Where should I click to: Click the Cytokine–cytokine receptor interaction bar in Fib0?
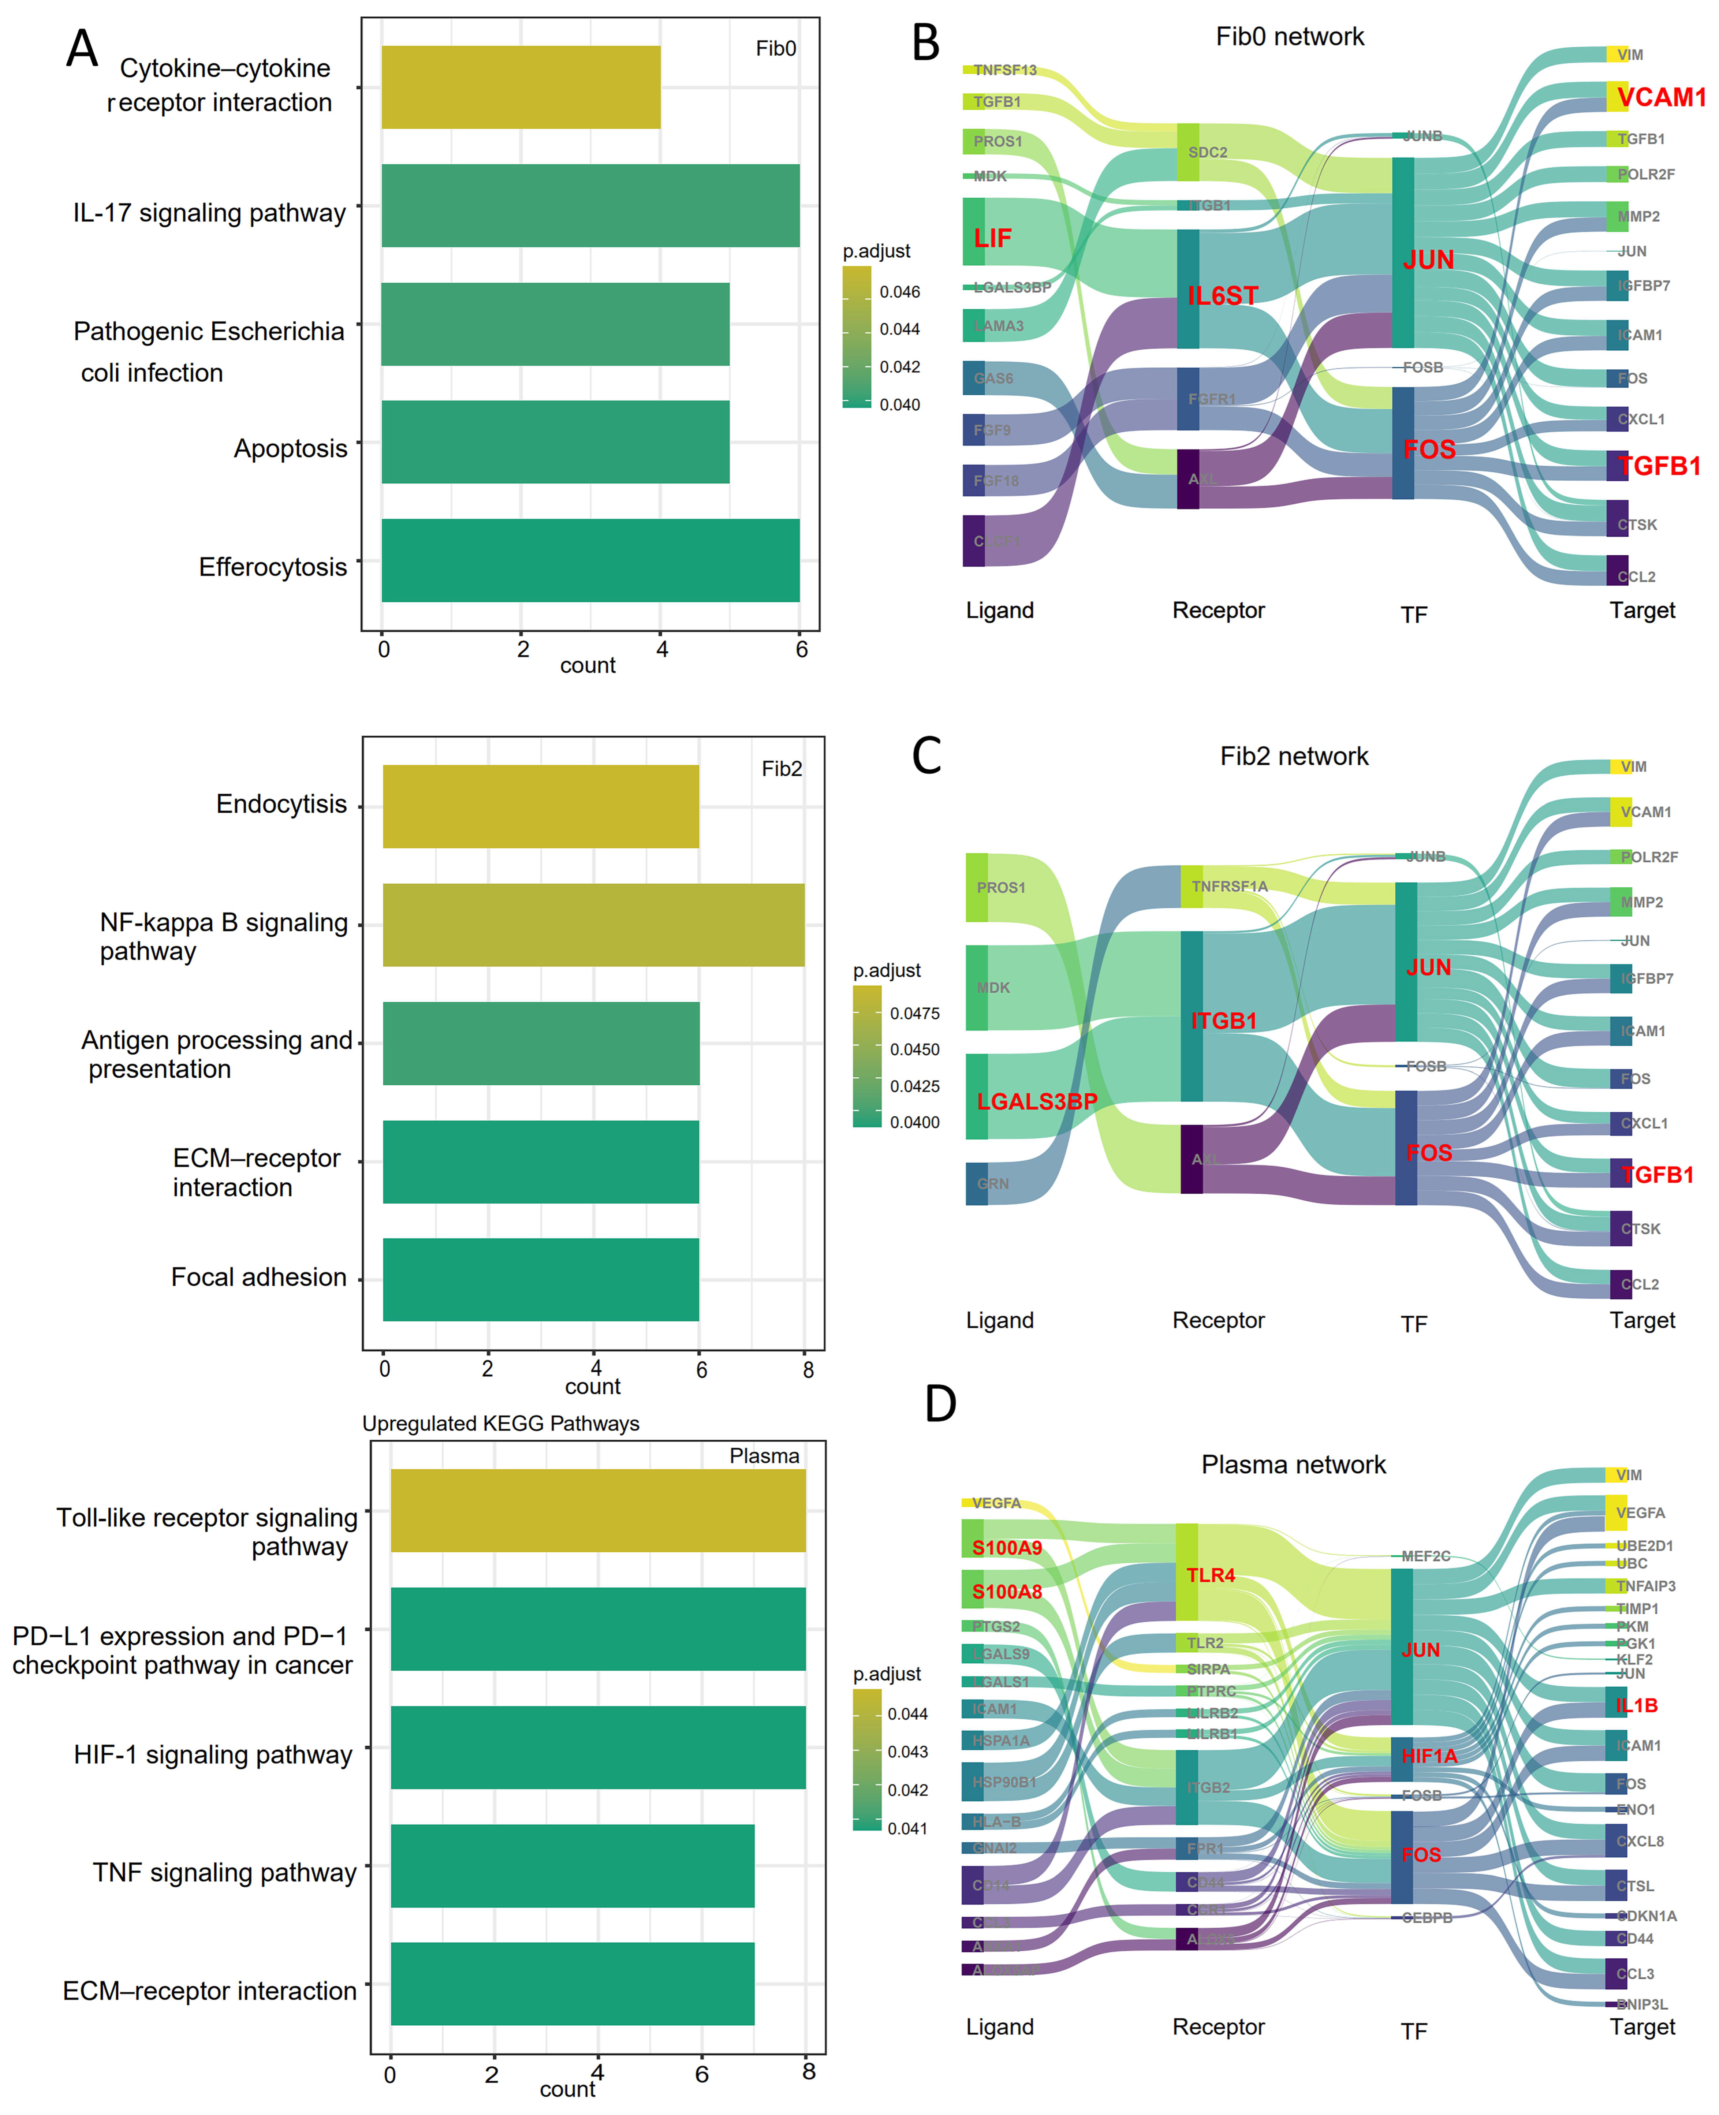521,87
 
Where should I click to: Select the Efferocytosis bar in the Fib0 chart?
590,560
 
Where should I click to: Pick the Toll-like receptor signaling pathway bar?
598,1510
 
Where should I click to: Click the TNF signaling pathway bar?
573,1865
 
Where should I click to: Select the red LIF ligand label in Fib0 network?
992,239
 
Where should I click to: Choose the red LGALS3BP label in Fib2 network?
1037,1101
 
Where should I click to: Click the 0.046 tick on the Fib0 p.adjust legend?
899,292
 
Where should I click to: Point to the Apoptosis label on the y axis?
290,448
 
